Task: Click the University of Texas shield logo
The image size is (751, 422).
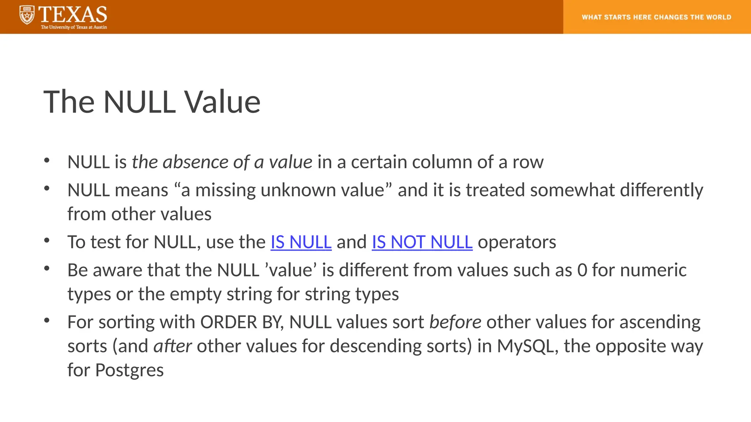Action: (x=27, y=15)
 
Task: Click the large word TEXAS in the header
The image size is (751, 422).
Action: (x=73, y=15)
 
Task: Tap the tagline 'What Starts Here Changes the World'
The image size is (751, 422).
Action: (x=656, y=17)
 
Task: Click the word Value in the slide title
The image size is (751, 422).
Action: (x=222, y=102)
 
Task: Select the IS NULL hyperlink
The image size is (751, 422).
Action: (x=301, y=242)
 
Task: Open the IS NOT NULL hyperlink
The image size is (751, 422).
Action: (x=422, y=242)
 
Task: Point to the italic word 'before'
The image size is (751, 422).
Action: (x=455, y=322)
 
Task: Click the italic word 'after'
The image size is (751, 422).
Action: (x=172, y=346)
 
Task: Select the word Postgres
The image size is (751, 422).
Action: (x=129, y=370)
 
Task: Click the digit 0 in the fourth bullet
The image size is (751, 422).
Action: (x=582, y=270)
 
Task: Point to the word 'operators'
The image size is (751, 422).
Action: (x=517, y=242)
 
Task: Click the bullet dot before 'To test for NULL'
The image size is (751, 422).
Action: (x=47, y=241)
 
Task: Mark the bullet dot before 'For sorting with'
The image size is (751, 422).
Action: (x=47, y=321)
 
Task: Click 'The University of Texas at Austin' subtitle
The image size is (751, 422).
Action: (x=74, y=27)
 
